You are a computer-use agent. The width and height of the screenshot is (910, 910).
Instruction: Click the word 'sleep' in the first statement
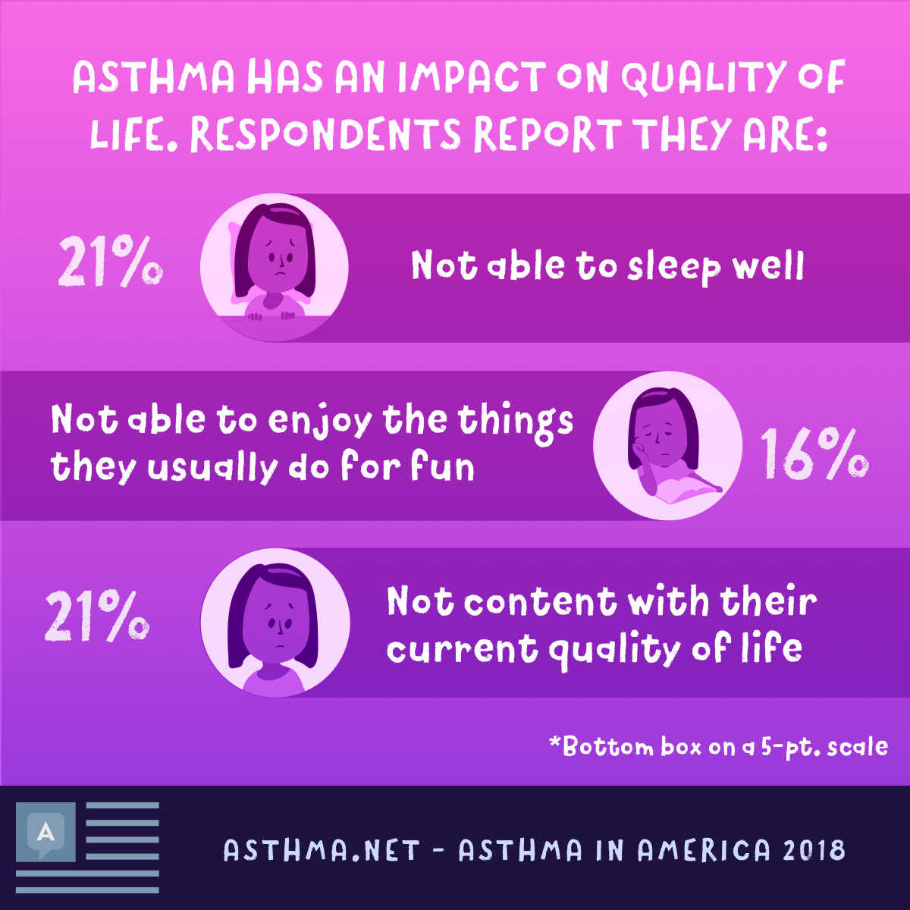pos(674,267)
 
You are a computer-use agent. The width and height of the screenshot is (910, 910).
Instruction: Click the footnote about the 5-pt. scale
pos(719,747)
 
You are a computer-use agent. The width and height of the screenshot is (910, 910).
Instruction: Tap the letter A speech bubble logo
pos(45,833)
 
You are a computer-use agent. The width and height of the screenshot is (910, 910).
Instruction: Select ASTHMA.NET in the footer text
pos(322,850)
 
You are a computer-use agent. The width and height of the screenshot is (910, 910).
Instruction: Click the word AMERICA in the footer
pos(703,850)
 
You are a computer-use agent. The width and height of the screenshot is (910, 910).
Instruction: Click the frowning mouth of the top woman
pos(281,275)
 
